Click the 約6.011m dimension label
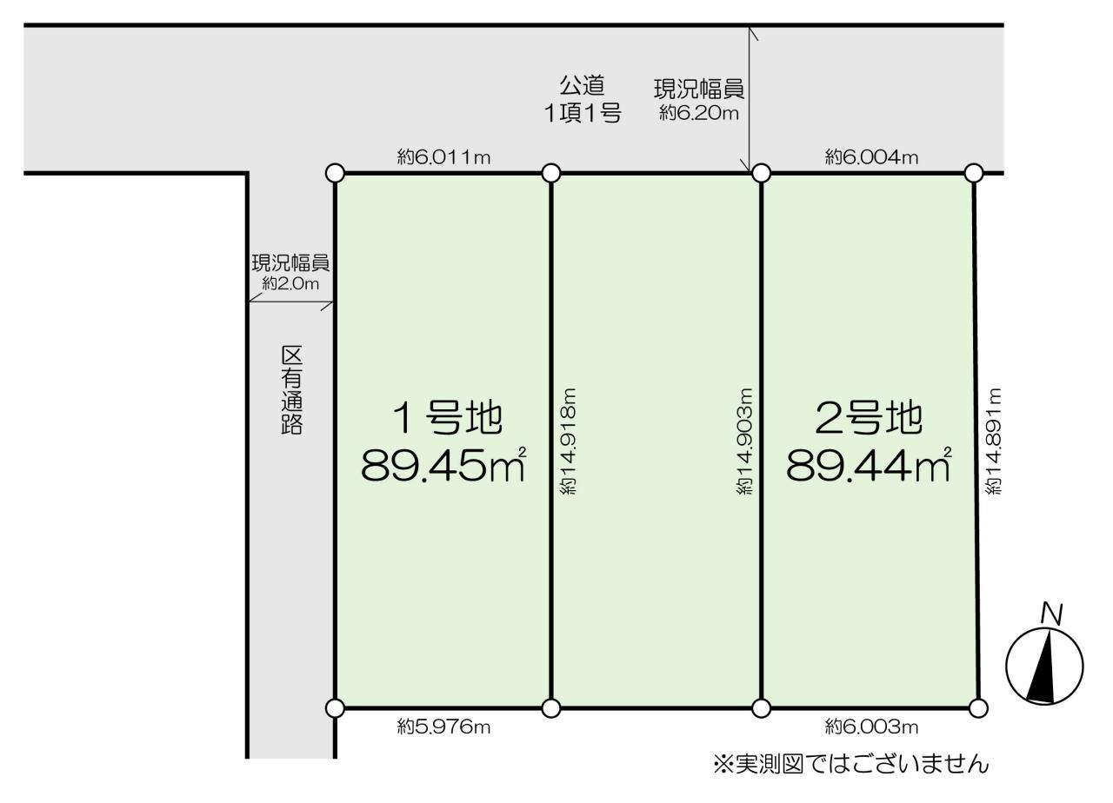point(443,157)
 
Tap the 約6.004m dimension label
point(871,157)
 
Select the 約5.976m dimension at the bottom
point(443,727)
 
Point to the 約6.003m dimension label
point(871,727)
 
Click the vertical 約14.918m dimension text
point(568,441)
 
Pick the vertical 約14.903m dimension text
point(744,441)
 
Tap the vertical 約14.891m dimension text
point(993,441)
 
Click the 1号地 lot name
point(448,418)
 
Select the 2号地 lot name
point(869,418)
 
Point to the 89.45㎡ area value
point(443,465)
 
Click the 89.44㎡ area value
point(869,465)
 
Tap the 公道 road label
point(583,85)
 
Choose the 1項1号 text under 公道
point(583,113)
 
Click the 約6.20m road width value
point(698,113)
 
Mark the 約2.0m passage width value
point(290,283)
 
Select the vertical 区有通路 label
point(291,390)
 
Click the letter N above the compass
point(1052,614)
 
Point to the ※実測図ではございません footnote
point(850,764)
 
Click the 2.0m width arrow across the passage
point(290,302)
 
